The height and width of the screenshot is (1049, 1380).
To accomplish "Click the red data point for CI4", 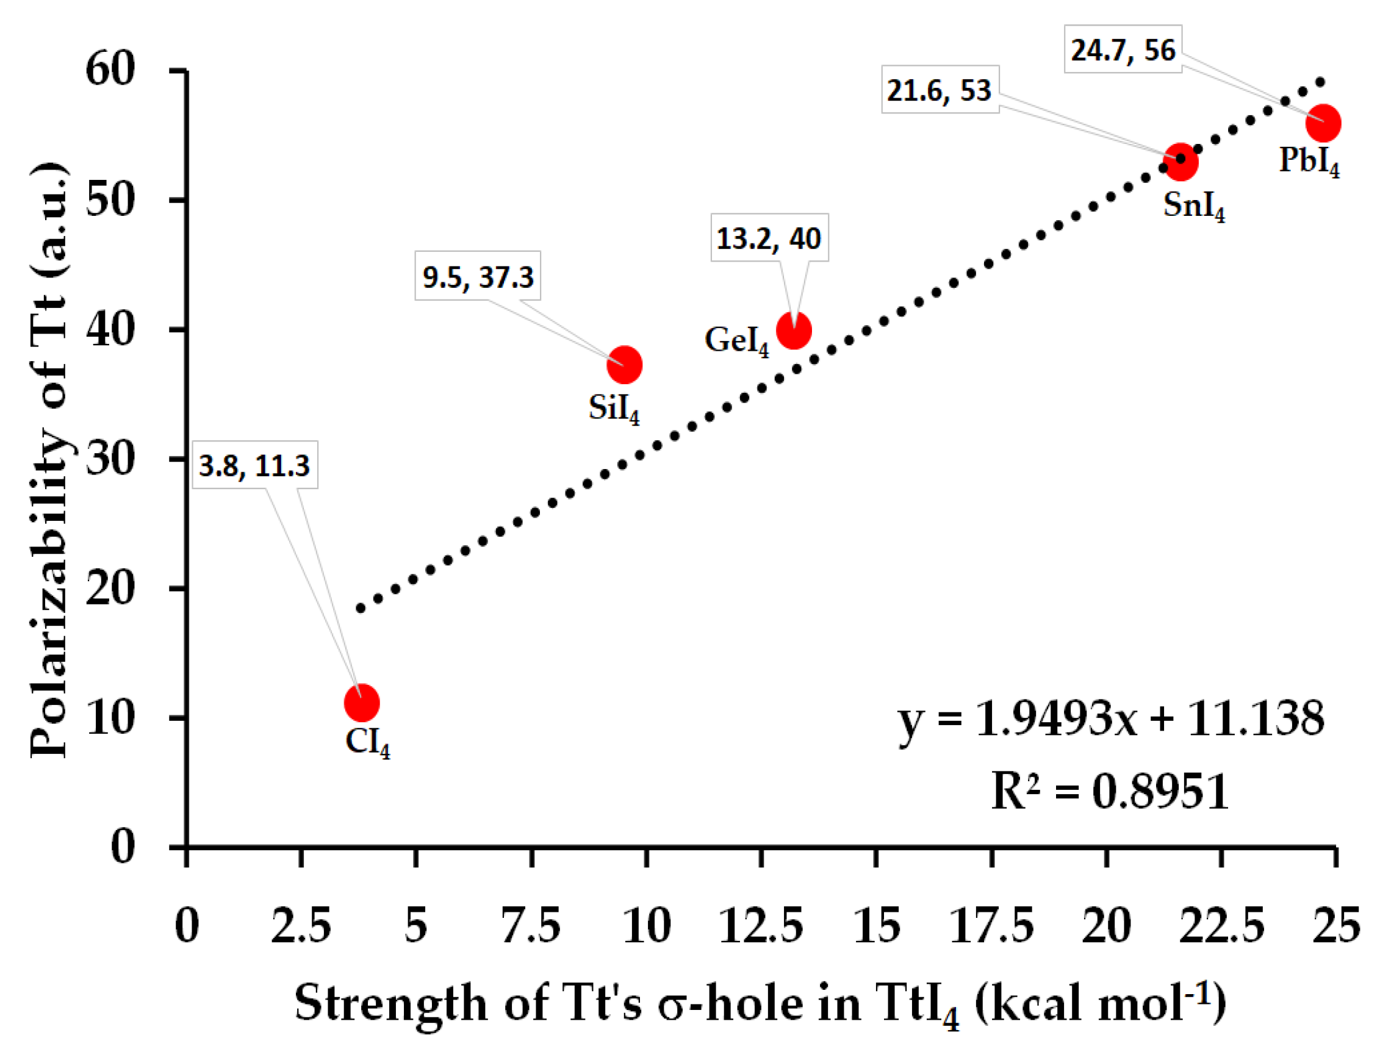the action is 362,703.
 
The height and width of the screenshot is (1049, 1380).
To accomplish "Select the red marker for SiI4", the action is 624,365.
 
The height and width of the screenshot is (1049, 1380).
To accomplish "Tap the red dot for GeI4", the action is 793,331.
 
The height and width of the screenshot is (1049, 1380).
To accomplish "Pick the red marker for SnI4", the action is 1180,162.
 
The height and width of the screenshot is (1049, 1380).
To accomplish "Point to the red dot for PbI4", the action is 1323,123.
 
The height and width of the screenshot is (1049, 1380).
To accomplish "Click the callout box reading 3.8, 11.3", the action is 254,465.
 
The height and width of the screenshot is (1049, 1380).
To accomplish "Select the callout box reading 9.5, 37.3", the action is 478,276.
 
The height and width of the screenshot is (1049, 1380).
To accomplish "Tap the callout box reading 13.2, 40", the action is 769,238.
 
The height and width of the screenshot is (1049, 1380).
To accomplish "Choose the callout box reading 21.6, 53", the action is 939,90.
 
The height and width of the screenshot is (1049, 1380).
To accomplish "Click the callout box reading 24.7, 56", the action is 1123,49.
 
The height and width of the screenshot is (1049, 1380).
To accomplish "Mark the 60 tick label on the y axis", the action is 110,69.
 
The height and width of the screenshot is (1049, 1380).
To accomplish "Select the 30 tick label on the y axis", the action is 110,460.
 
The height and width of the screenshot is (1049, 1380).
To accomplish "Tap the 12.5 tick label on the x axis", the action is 761,926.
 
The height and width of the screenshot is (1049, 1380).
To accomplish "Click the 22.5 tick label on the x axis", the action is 1221,926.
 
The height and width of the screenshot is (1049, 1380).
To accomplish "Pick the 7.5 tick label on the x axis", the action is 531,926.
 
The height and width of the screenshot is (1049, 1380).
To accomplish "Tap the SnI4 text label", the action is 1193,206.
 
